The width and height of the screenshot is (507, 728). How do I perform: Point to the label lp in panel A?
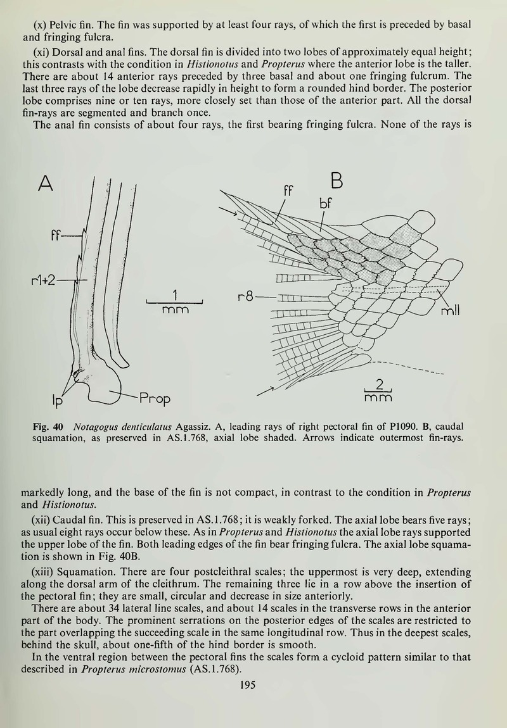[55, 400]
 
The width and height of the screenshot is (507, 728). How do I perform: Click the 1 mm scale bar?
[174, 301]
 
